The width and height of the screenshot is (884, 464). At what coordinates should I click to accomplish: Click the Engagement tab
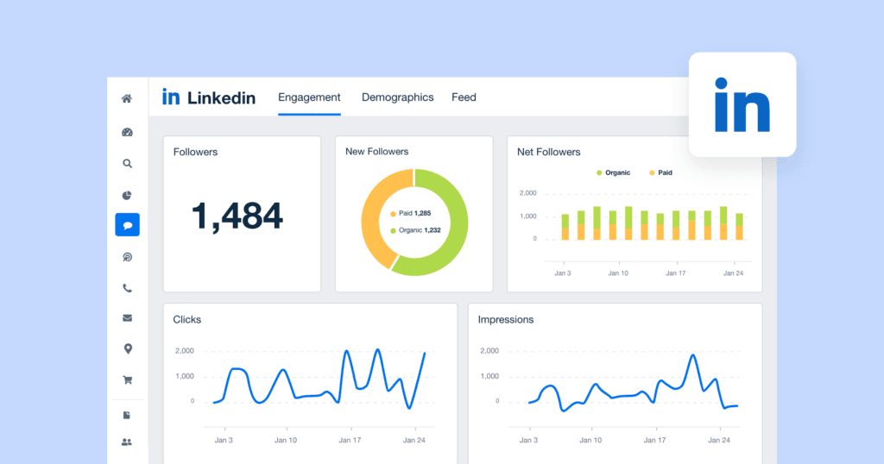(309, 97)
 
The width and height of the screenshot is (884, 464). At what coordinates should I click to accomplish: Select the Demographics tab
(397, 97)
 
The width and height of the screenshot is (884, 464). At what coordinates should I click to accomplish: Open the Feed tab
(464, 97)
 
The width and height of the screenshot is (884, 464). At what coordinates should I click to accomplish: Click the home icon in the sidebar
(127, 98)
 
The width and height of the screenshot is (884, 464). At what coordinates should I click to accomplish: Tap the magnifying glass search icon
(127, 163)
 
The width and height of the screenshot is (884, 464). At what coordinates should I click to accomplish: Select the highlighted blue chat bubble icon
(127, 225)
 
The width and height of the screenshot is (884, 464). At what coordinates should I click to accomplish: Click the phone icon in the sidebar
(127, 289)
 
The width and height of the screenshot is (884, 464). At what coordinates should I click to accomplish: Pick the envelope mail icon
(127, 318)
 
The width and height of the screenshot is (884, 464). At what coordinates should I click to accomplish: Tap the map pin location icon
(127, 348)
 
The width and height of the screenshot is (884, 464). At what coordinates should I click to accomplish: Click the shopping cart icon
(127, 379)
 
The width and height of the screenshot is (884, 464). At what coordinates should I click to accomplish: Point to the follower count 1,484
(237, 216)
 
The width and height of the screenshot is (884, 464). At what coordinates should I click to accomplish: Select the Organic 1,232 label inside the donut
(414, 230)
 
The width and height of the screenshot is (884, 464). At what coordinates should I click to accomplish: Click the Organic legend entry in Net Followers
(613, 172)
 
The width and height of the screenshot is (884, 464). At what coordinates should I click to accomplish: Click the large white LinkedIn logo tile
(742, 104)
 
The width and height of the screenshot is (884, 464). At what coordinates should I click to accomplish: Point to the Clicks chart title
(187, 319)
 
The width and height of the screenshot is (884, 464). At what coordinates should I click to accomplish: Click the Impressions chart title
(506, 319)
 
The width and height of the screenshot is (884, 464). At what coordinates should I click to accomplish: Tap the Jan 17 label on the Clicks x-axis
(350, 440)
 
